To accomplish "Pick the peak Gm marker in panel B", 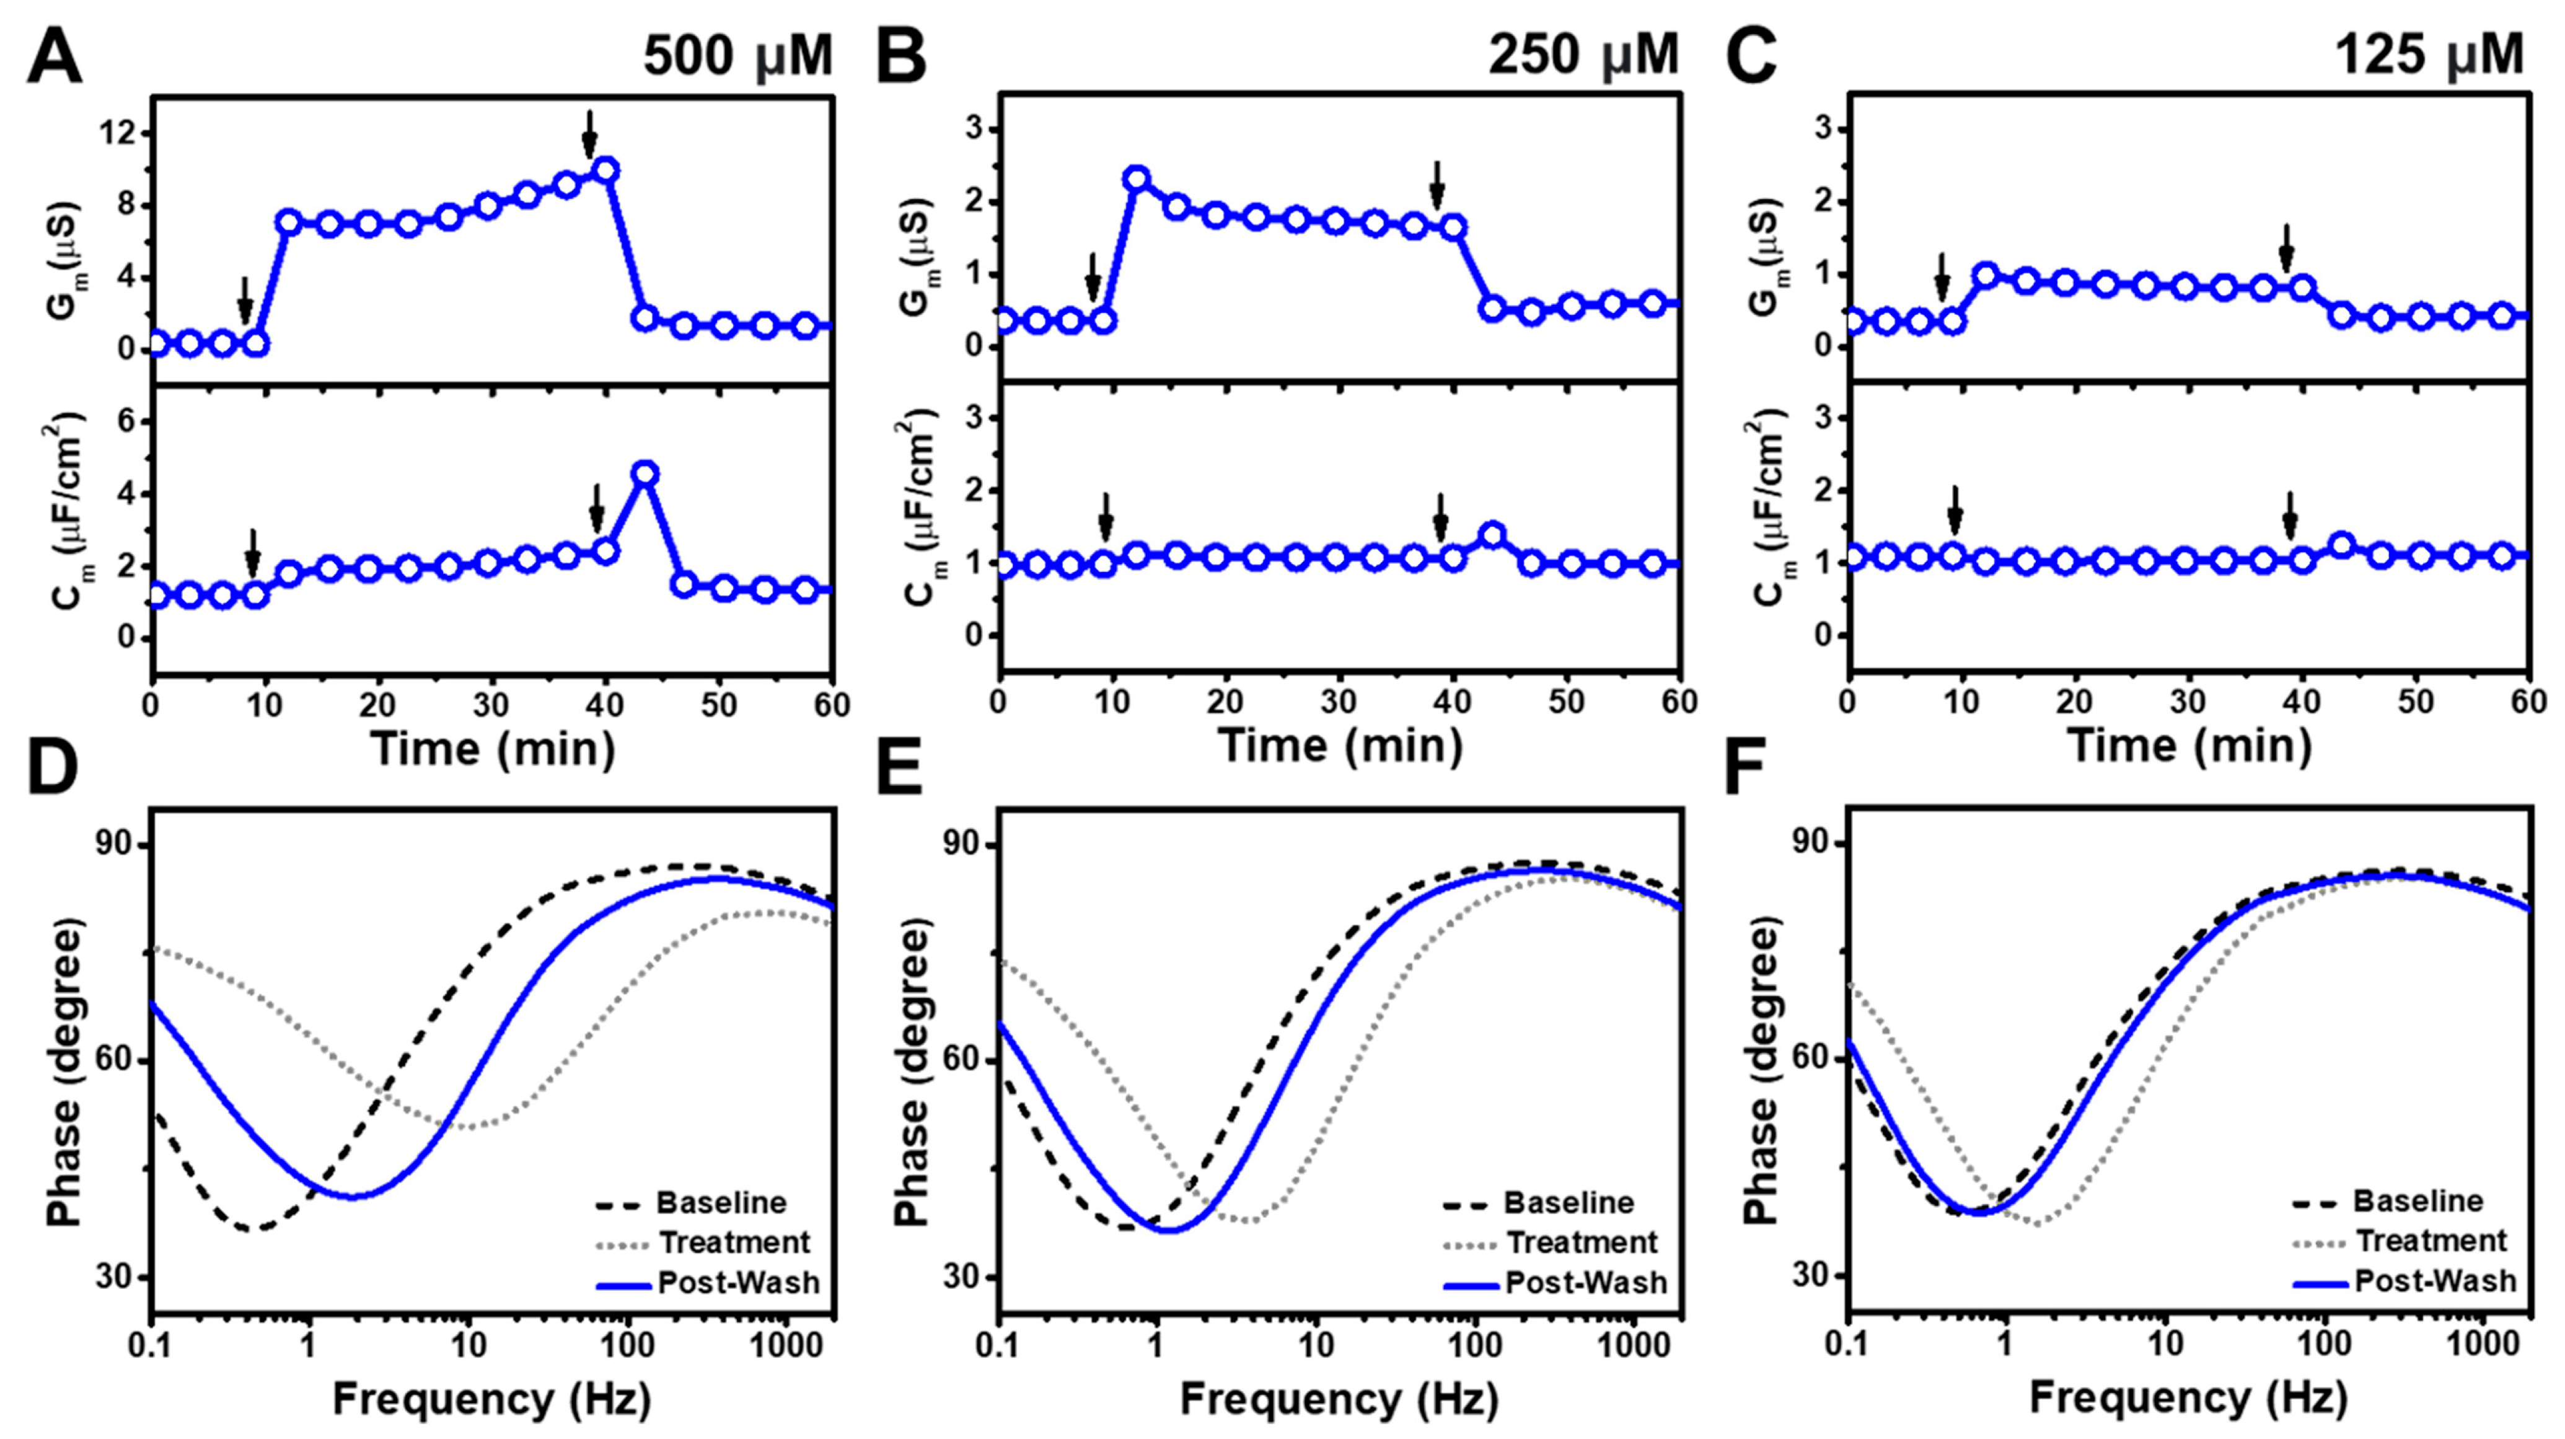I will pos(1136,179).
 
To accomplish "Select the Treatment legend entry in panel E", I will pos(1582,1243).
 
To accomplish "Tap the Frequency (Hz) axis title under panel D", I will pos(492,1399).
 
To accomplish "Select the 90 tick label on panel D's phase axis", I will pos(120,845).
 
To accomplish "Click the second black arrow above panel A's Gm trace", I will pos(589,133).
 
